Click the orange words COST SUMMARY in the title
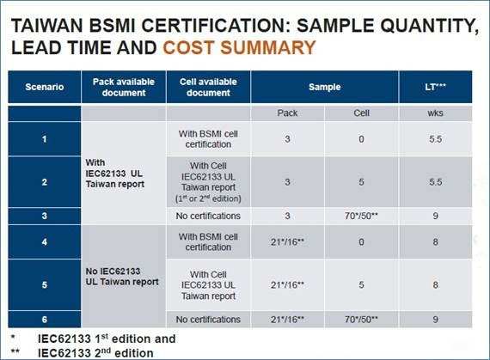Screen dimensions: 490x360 pyautogui.click(x=239, y=48)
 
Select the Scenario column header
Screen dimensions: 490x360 pyautogui.click(x=45, y=87)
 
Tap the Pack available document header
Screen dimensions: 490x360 pyautogui.click(x=124, y=87)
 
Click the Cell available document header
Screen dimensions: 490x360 pyautogui.click(x=208, y=87)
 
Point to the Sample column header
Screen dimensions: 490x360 pyautogui.click(x=324, y=87)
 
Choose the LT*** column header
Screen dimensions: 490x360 pyautogui.click(x=435, y=87)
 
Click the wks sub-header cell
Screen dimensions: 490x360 pyautogui.click(x=435, y=113)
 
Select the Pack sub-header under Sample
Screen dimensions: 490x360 pyautogui.click(x=287, y=113)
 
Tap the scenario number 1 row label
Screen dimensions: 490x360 pyautogui.click(x=45, y=139)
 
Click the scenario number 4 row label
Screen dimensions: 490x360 pyautogui.click(x=45, y=241)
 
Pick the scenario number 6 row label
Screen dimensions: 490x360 pyautogui.click(x=45, y=319)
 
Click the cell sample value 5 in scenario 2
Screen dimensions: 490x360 pyautogui.click(x=361, y=182)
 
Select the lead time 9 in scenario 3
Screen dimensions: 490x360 pyautogui.click(x=435, y=216)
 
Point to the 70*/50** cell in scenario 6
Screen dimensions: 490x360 pyautogui.click(x=361, y=320)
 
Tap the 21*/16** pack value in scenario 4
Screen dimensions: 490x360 pyautogui.click(x=287, y=241)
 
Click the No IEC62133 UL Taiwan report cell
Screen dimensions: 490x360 pyautogui.click(x=122, y=277)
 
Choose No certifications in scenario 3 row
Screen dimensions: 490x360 pyautogui.click(x=208, y=216)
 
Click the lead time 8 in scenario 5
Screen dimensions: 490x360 pyautogui.click(x=435, y=284)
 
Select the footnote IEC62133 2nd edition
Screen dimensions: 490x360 pyautogui.click(x=95, y=353)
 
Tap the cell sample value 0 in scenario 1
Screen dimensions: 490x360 pyautogui.click(x=361, y=139)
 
